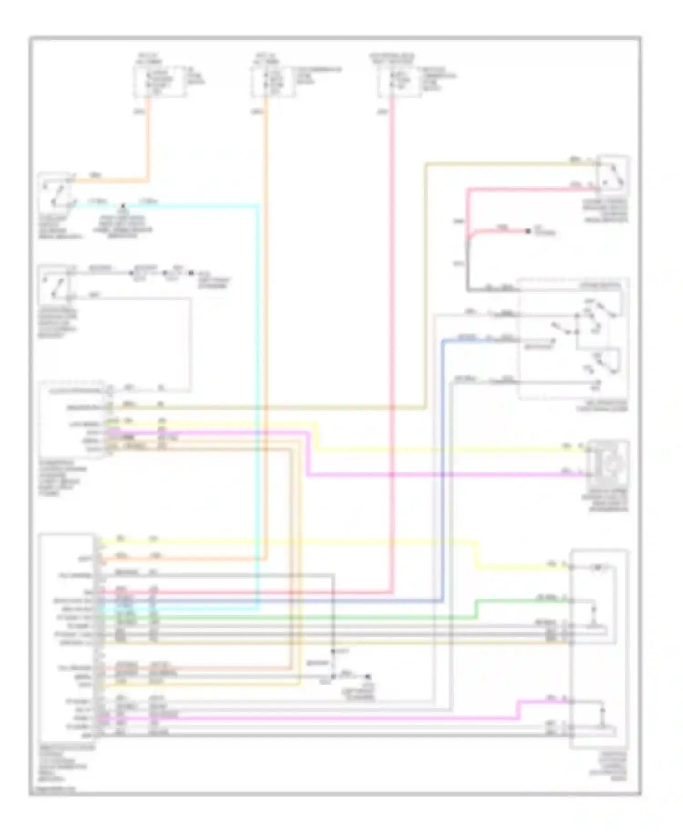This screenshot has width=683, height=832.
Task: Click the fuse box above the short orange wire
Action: point(159,81)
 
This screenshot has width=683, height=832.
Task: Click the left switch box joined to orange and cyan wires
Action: point(56,192)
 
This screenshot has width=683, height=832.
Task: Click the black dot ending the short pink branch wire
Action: point(528,232)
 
